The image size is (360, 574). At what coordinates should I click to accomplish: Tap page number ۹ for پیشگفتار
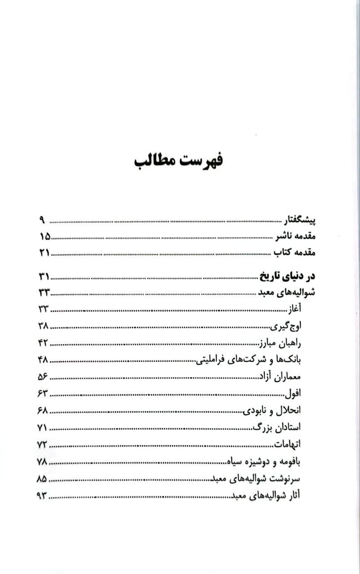41,221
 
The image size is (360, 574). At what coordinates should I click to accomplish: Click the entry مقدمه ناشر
295,236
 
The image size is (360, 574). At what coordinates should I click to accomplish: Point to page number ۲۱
44,252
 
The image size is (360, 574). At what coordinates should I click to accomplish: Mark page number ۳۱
44,276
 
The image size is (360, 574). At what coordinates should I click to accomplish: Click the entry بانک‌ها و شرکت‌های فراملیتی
250,360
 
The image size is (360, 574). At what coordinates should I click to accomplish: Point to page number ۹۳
42,496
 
